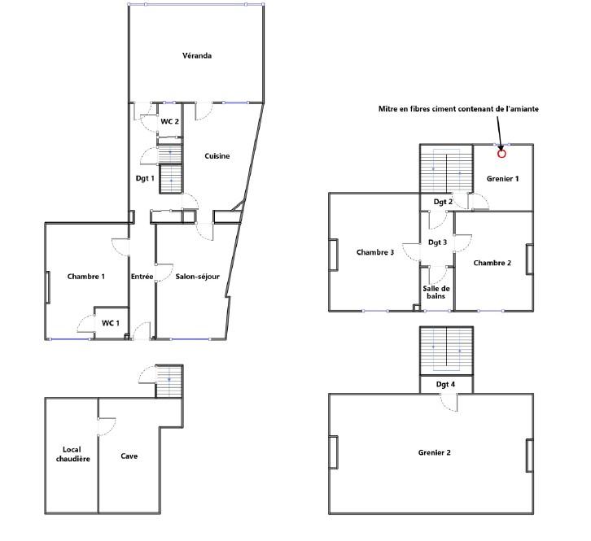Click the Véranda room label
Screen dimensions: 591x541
(197, 56)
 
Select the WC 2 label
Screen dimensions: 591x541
(169, 121)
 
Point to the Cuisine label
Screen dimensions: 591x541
(217, 156)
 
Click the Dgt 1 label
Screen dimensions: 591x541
(145, 178)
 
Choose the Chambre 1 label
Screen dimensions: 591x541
(86, 277)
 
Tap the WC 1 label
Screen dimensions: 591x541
(111, 323)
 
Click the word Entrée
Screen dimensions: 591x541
(142, 277)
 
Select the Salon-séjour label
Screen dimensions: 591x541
(198, 277)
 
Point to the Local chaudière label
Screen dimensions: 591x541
(72, 454)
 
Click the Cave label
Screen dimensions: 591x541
(129, 456)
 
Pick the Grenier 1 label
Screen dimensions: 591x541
(502, 179)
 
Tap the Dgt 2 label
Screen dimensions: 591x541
(443, 202)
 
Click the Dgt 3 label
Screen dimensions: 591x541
(438, 242)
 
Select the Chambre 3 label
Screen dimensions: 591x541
(375, 252)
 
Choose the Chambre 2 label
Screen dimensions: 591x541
(492, 263)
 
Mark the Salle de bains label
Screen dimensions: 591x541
(436, 292)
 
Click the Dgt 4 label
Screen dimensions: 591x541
(445, 384)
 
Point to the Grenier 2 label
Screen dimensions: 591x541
(434, 452)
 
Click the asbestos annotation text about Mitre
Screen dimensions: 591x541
(458, 109)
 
